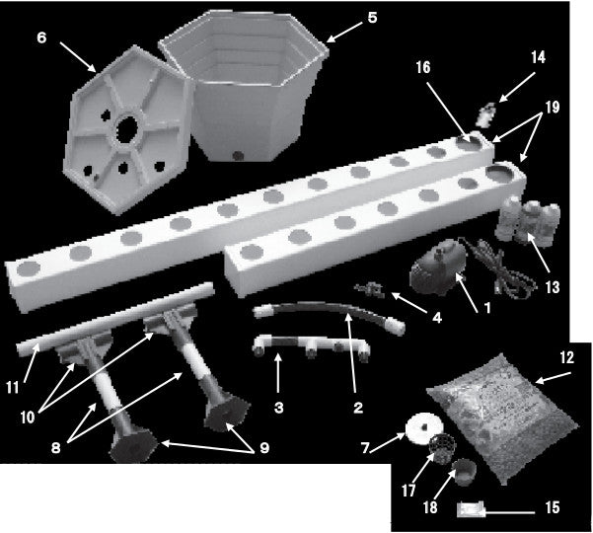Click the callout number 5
pos(373,18)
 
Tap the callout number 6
pos(41,38)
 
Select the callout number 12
pos(567,357)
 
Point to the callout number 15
pos(553,507)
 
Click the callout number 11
pos(13,387)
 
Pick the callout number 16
pos(423,67)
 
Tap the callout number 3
pos(278,408)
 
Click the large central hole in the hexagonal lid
pos(127,129)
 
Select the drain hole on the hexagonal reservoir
pos(238,155)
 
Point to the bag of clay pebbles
pos(503,418)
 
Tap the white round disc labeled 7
pos(424,428)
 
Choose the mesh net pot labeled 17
pos(442,448)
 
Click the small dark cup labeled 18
pos(465,472)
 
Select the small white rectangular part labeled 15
pos(471,508)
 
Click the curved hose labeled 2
pos(329,314)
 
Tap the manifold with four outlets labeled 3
pos(311,347)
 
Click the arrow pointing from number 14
pos(517,87)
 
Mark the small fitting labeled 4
pos(369,289)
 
